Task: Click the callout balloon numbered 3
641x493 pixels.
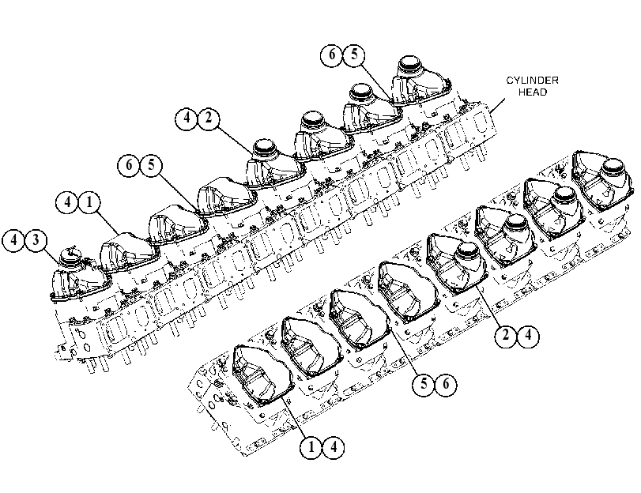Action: coord(36,240)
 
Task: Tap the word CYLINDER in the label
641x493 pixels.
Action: coord(532,80)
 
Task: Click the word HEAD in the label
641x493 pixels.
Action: coord(533,92)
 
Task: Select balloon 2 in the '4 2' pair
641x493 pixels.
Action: coord(209,119)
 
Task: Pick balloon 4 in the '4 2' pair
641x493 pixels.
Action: coord(187,119)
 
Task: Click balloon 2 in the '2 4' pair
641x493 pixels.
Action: coord(506,336)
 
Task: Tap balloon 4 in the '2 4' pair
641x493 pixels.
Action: coord(528,336)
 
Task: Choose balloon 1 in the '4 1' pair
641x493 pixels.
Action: coord(89,202)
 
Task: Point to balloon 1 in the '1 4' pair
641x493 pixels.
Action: coord(311,448)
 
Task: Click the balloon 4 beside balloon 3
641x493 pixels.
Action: coord(13,240)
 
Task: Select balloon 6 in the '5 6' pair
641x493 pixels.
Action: coord(446,384)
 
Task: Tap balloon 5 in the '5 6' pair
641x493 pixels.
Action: coord(424,384)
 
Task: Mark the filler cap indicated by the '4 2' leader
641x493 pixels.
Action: coord(266,149)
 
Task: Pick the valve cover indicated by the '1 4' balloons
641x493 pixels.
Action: coord(262,374)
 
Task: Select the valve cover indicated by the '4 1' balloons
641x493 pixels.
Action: coord(129,251)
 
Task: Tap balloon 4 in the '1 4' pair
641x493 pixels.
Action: coord(334,448)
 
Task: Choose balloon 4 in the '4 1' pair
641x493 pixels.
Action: coord(67,202)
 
